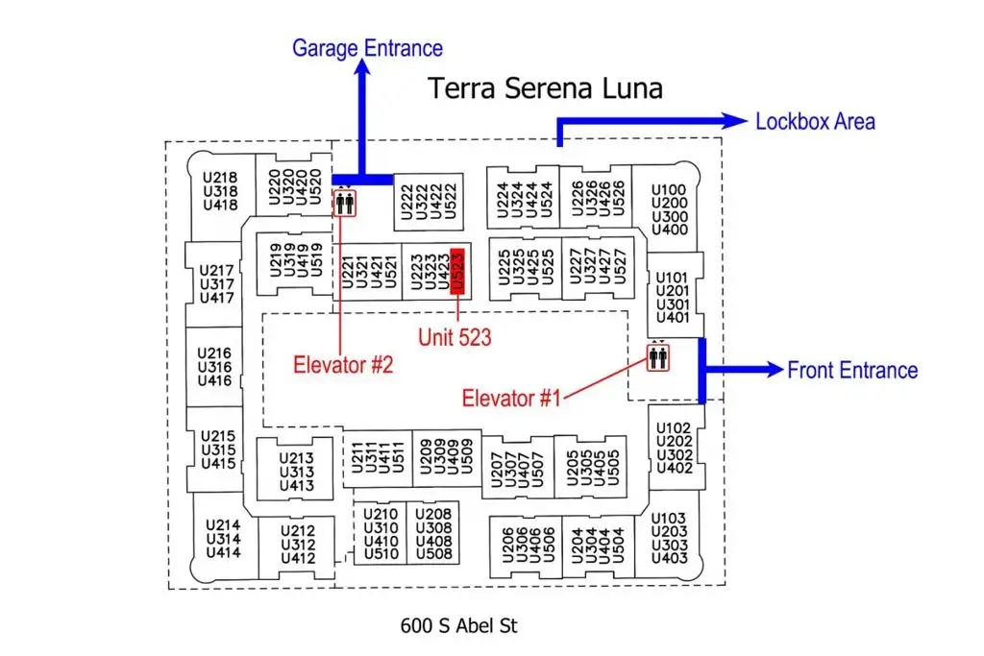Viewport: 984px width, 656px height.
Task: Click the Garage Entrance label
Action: [367, 48]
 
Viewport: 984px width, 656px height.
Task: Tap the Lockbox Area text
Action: [815, 121]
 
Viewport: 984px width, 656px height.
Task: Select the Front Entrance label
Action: [852, 370]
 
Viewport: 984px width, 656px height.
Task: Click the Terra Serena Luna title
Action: [546, 87]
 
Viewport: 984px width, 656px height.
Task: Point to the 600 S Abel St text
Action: [458, 625]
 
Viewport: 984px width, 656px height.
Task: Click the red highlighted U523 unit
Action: [457, 271]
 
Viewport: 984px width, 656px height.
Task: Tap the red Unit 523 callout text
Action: [455, 337]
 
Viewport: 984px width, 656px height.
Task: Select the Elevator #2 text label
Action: [343, 364]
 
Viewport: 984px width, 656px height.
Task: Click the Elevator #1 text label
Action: [511, 398]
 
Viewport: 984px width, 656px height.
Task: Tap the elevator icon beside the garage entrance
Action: [345, 203]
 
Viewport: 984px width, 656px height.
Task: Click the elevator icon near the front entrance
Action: [658, 357]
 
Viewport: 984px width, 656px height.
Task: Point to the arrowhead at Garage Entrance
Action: [362, 66]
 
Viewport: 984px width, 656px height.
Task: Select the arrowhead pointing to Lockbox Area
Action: [735, 121]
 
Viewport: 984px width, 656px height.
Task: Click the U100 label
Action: [669, 189]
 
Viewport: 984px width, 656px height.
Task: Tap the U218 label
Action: [220, 178]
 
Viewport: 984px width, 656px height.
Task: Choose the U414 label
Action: [223, 552]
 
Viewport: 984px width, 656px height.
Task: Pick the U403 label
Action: [669, 557]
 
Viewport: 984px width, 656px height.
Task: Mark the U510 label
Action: [381, 554]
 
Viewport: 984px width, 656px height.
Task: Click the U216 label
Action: [214, 353]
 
